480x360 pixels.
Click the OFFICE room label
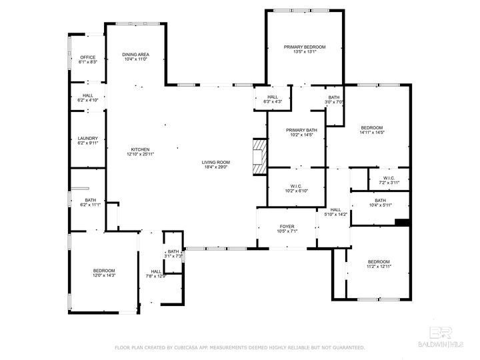[88, 57]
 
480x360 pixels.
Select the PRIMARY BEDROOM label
[305, 47]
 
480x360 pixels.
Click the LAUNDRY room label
[88, 138]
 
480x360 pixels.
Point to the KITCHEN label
[140, 149]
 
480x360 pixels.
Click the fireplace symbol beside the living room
[258, 155]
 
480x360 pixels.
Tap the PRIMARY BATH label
[301, 130]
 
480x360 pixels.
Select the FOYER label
[287, 228]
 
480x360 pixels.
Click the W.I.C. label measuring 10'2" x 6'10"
[297, 186]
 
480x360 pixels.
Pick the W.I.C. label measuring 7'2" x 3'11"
[389, 178]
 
